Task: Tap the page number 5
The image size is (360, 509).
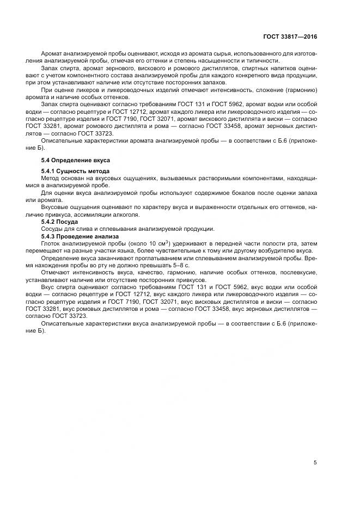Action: (x=315, y=463)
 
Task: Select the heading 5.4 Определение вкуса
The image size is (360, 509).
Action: (x=76, y=161)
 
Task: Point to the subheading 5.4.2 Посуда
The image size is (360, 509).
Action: (x=60, y=222)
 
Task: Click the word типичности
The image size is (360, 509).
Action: (x=260, y=62)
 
